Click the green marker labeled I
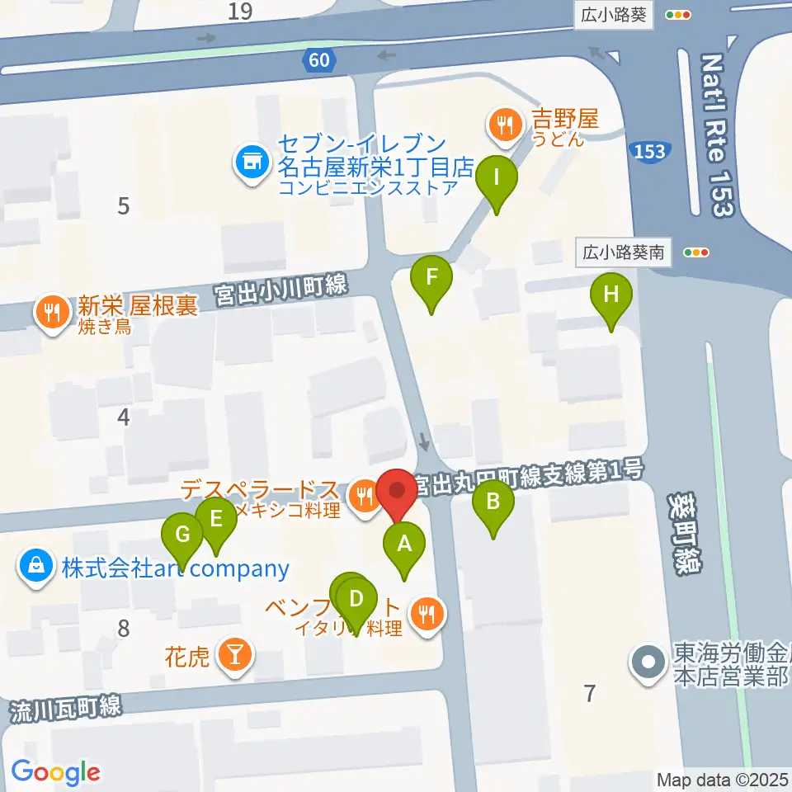[x=496, y=179]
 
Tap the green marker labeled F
[x=431, y=280]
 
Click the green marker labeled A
[x=404, y=546]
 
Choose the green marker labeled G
[x=183, y=537]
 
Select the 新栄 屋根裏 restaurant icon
[x=51, y=313]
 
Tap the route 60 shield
[x=320, y=59]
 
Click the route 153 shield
[x=648, y=151]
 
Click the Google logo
[x=55, y=772]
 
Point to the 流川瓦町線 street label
[x=67, y=709]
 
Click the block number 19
[x=241, y=12]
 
